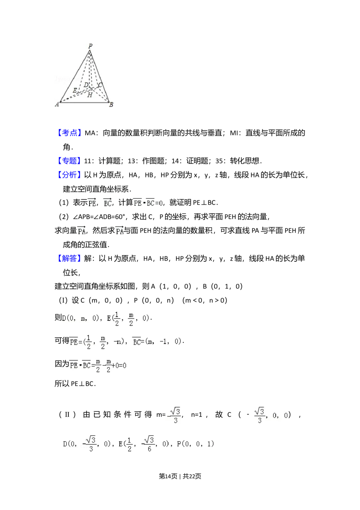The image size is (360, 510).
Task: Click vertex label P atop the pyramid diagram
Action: (x=90, y=46)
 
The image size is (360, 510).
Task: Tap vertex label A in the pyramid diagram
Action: (x=56, y=105)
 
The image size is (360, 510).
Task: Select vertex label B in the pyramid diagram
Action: (x=112, y=105)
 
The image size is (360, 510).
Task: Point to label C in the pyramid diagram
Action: (x=100, y=85)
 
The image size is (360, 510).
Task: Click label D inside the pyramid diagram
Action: (x=86, y=85)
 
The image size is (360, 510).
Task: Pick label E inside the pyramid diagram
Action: (x=75, y=90)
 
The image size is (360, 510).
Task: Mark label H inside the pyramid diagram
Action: (x=90, y=95)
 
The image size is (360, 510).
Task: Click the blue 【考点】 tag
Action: (x=69, y=133)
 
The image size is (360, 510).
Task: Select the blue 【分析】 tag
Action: (x=69, y=175)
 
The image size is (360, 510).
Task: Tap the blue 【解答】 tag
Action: (x=69, y=258)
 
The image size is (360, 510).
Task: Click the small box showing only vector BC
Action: (x=107, y=202)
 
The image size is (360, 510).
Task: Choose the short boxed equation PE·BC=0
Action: (x=148, y=202)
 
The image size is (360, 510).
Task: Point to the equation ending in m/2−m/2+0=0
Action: (x=98, y=365)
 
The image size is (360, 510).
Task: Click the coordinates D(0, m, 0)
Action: (x=80, y=318)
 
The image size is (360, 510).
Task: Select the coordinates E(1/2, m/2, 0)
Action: (x=128, y=318)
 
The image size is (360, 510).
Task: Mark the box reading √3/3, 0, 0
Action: (x=271, y=416)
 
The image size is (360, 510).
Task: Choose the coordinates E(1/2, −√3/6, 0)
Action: (x=144, y=444)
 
